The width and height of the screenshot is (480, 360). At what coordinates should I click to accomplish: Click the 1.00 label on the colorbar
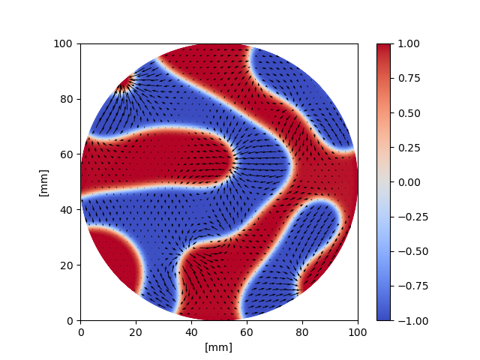pos(408,43)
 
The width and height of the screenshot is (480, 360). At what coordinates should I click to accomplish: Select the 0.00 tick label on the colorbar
pos(408,182)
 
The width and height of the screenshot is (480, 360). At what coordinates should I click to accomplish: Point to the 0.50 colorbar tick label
pos(408,112)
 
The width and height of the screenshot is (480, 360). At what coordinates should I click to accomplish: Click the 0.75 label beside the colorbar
pos(408,78)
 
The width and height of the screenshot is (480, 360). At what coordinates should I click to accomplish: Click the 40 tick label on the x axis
pos(191,331)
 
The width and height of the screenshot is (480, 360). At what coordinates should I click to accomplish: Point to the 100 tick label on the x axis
pos(358,331)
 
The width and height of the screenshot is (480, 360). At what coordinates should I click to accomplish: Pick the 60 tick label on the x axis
pos(247,331)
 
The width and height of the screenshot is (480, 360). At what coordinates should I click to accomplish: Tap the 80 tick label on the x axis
pos(302,331)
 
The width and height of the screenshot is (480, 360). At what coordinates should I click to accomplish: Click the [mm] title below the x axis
pos(219,346)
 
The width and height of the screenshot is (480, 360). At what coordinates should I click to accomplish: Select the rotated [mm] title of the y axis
pos(43,182)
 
